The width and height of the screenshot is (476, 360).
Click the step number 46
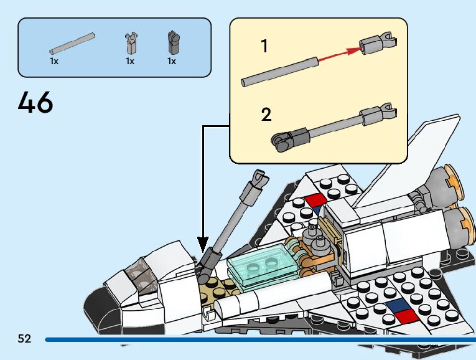[35, 103]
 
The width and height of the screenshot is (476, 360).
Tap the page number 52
[24, 339]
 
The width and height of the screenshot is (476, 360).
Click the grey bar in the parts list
[72, 43]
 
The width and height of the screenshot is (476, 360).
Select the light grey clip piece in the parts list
[131, 44]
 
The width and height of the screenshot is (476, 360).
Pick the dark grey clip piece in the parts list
[172, 42]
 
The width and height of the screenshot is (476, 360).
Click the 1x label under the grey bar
[54, 62]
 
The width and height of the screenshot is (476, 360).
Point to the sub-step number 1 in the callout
[264, 46]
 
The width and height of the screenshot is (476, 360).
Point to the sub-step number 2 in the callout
[266, 115]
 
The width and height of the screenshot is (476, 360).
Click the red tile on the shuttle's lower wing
[408, 316]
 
